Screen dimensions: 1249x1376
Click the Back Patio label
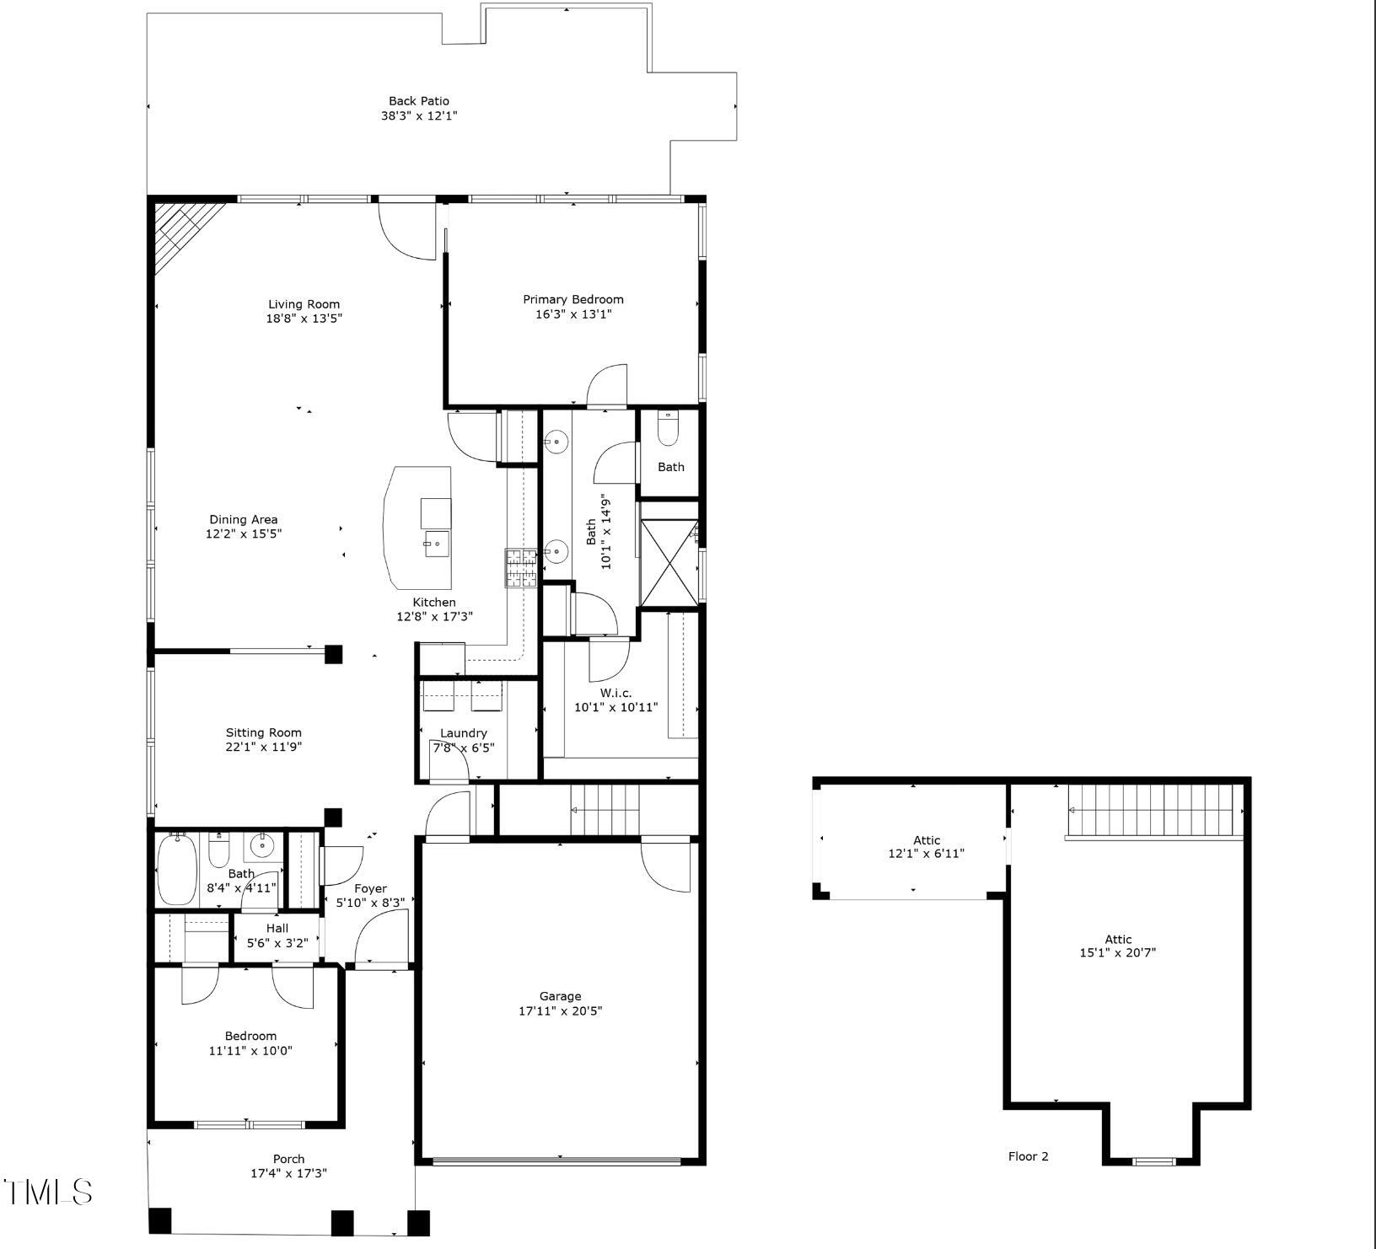tap(418, 101)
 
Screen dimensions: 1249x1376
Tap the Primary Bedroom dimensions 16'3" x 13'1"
tap(572, 314)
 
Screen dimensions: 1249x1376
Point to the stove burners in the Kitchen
tap(520, 567)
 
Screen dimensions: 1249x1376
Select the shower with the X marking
tap(669, 562)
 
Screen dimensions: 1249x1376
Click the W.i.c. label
tap(615, 693)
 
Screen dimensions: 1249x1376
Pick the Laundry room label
tap(463, 733)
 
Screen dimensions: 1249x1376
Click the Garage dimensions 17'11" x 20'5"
tap(560, 1010)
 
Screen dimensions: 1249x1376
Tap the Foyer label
tap(370, 888)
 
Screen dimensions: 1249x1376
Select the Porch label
tap(288, 1159)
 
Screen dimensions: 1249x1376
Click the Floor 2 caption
tap(1028, 1156)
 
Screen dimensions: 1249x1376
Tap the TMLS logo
tap(47, 1192)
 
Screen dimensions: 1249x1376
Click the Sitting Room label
tap(263, 732)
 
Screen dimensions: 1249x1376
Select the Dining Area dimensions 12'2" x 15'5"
tap(243, 533)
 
